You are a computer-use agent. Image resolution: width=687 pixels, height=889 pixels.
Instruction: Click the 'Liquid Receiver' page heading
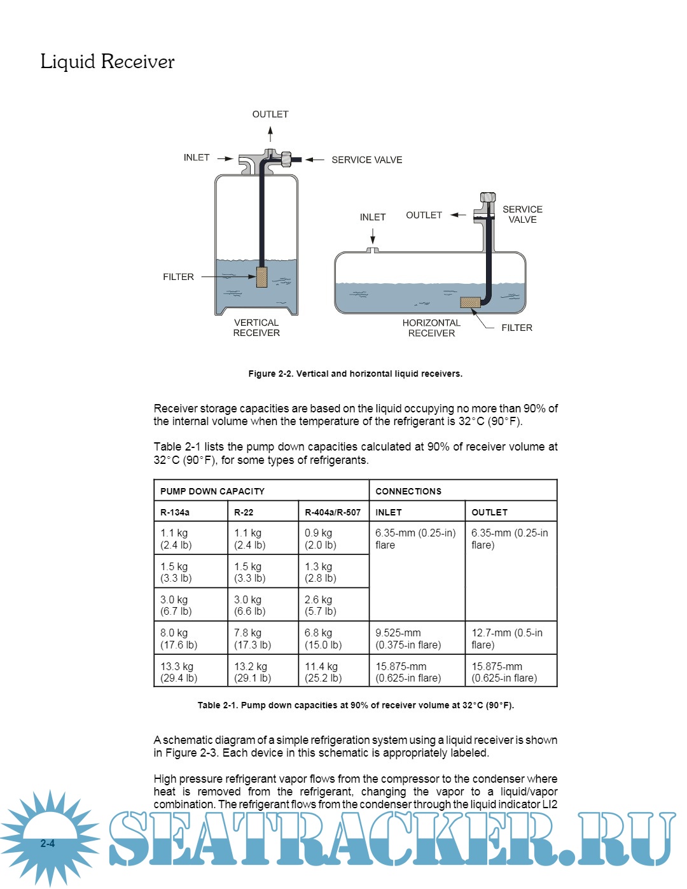(107, 62)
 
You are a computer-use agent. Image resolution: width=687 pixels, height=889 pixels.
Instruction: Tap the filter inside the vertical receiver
(261, 277)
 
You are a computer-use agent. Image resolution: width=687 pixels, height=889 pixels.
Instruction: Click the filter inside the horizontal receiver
(470, 302)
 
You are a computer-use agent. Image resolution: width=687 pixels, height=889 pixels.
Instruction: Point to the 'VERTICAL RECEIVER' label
(256, 328)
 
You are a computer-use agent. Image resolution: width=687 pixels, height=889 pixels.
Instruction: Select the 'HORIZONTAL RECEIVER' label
(431, 328)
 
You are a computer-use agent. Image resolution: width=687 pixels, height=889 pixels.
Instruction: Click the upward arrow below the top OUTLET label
(270, 134)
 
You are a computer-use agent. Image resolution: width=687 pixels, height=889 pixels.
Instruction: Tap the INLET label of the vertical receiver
(197, 158)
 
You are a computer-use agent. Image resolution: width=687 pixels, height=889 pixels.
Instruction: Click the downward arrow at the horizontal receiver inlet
(373, 237)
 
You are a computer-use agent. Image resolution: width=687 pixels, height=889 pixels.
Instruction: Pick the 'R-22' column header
(244, 512)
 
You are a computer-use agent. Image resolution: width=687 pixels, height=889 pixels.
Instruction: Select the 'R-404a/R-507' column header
(333, 512)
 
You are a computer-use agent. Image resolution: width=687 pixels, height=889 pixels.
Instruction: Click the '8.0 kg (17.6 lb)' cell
(179, 639)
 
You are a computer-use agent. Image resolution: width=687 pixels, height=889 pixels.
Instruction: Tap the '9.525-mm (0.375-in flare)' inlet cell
(408, 639)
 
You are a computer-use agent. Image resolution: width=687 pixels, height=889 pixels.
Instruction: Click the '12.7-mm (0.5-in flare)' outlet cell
(507, 639)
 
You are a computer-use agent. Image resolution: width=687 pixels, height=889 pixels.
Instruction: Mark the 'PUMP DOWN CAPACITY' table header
(212, 491)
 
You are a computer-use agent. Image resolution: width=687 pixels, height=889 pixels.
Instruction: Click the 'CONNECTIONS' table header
(408, 491)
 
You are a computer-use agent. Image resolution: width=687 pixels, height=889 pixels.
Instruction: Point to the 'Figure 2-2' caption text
(355, 374)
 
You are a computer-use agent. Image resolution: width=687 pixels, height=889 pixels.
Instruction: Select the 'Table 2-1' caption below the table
(356, 705)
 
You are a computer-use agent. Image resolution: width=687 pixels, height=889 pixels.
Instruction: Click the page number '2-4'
(48, 844)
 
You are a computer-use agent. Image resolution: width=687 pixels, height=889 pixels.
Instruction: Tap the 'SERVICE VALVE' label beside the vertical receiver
(367, 160)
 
